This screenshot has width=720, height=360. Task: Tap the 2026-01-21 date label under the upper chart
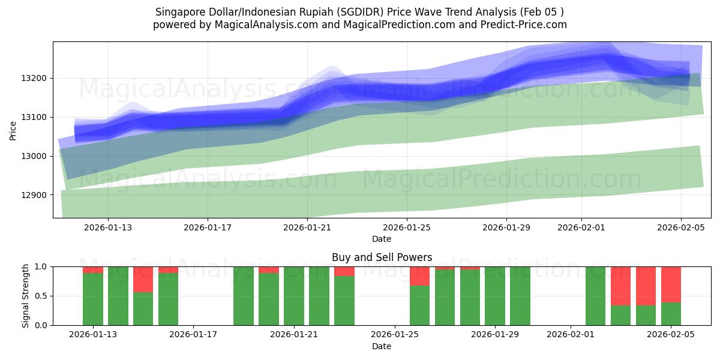[307, 227]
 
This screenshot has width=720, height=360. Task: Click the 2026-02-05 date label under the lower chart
[671, 334]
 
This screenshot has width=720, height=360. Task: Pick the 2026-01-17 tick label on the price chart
[208, 227]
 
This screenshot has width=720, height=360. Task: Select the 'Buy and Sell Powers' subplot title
[382, 257]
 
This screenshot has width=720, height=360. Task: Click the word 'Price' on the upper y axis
[13, 130]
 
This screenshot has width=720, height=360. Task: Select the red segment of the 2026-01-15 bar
[143, 279]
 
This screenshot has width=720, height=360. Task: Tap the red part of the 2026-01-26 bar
[419, 275]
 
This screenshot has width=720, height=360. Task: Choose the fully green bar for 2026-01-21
[294, 296]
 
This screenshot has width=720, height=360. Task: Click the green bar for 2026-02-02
[595, 296]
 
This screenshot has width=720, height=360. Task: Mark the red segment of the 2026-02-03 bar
[620, 286]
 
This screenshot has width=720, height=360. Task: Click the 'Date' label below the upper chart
[382, 239]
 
